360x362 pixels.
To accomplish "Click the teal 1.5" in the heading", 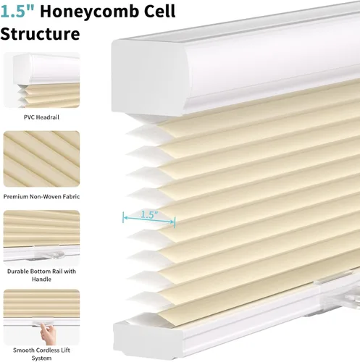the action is click(17, 12).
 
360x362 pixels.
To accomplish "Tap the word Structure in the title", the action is click(40, 33).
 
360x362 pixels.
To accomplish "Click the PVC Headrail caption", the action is click(41, 117).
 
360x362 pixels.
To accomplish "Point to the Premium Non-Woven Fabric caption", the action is click(41, 197).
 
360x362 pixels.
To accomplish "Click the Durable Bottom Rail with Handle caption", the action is click(41, 275).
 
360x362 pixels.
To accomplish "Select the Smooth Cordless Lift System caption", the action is click(41, 354).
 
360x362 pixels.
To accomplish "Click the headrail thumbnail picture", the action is click(41, 80).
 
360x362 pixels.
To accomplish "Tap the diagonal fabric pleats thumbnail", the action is click(41, 159).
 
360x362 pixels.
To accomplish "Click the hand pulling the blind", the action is click(48, 334).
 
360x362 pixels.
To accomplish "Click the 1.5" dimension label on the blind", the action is click(149, 214).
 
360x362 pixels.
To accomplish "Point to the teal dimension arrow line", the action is click(149, 219).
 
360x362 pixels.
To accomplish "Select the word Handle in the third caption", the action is click(41, 279).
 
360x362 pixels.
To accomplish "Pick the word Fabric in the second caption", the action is click(71, 197).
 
